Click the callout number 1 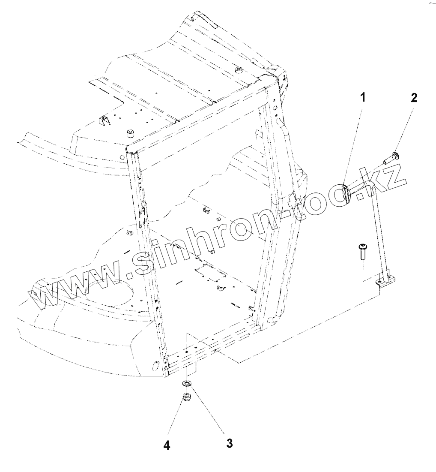point(362,98)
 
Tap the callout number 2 point(413,98)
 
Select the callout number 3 point(230,443)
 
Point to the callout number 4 point(167,445)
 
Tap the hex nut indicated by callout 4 point(186,397)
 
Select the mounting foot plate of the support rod point(386,281)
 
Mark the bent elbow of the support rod point(371,187)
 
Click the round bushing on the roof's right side point(238,70)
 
